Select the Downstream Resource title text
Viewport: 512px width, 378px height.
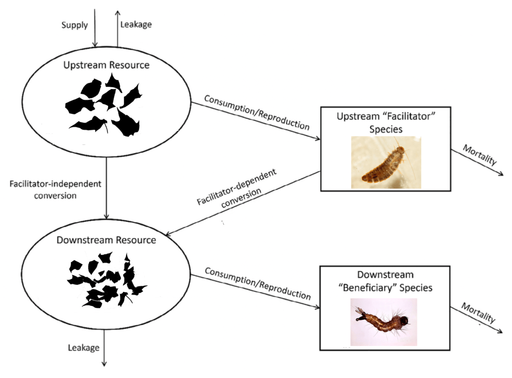click(x=106, y=240)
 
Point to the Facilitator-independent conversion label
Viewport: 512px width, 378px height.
click(x=56, y=190)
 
